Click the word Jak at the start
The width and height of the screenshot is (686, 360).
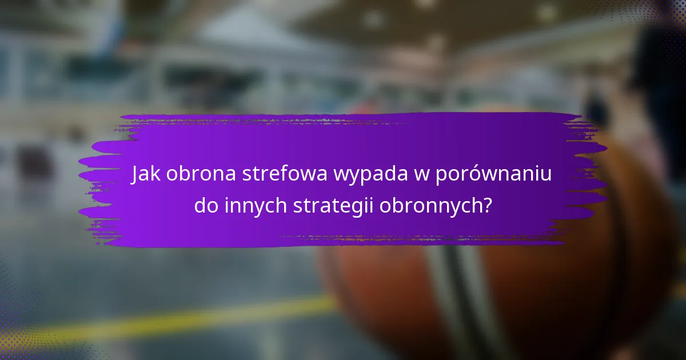click(145, 174)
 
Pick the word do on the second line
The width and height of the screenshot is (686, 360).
click(205, 206)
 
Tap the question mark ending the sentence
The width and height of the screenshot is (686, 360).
click(486, 206)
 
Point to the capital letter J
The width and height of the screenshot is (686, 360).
click(135, 174)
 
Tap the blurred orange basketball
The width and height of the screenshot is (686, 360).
click(514, 286)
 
